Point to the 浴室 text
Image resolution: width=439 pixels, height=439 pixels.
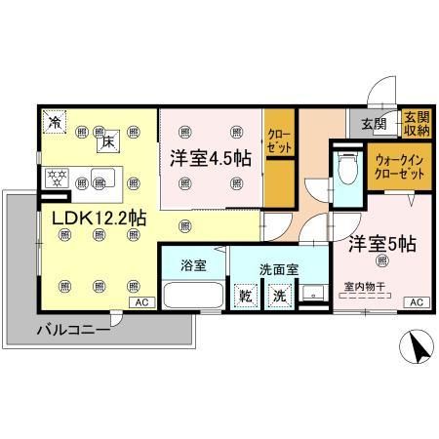[x=192, y=262]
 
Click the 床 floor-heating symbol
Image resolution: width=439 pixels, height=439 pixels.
[x=108, y=142]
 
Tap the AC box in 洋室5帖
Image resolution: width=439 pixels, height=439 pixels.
[x=415, y=302]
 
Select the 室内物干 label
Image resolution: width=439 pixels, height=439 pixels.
[x=364, y=287]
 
